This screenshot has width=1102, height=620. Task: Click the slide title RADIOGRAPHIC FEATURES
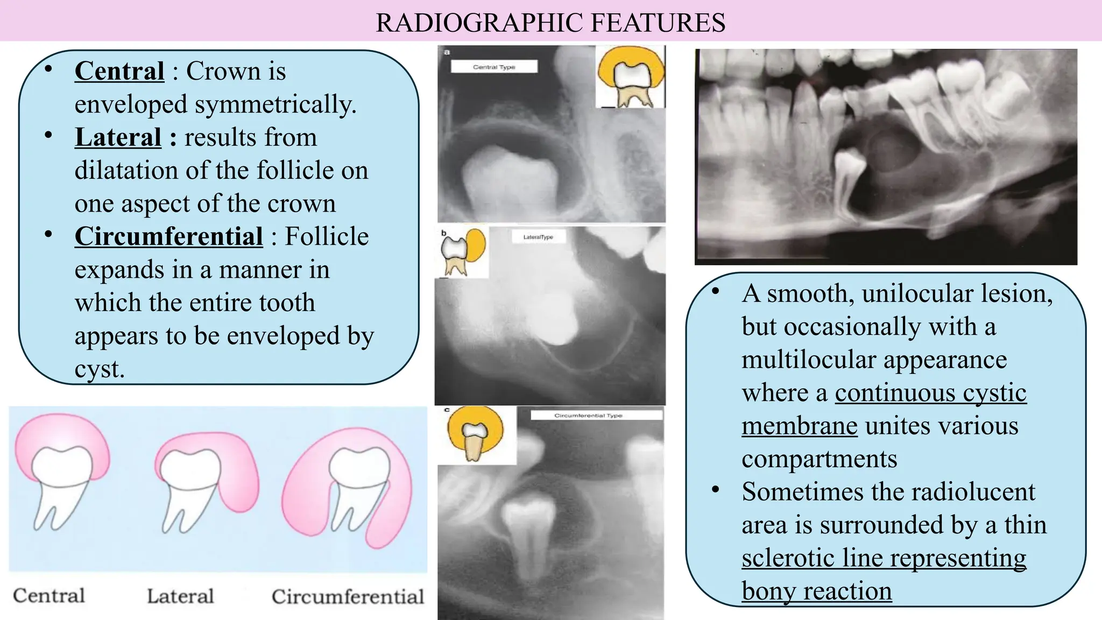pos(550,23)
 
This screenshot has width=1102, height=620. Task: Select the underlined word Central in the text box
pos(119,71)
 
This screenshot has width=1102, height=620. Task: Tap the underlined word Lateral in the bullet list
pos(118,137)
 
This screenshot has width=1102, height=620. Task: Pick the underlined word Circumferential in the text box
pos(168,236)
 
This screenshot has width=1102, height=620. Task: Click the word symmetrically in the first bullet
pos(275,104)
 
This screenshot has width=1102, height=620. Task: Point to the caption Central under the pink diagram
pos(49,596)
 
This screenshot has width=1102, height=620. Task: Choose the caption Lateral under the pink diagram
pos(180,596)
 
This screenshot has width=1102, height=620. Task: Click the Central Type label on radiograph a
pos(494,67)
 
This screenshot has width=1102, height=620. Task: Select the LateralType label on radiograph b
pos(538,237)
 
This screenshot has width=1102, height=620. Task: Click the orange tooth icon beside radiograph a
pos(631,76)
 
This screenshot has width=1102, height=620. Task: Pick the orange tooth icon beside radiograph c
pos(476,434)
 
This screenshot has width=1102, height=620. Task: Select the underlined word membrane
pos(799,426)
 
